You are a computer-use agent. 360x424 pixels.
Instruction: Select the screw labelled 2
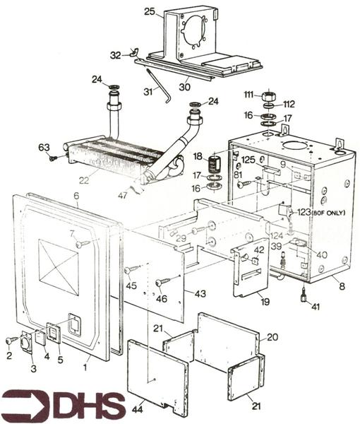point(10,341)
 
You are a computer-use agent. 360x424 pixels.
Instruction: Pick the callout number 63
point(44,147)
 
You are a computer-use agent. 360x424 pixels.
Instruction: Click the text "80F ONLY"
point(328,211)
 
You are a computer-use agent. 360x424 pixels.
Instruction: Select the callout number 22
point(84,180)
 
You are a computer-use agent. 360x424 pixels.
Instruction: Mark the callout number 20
point(273,337)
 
